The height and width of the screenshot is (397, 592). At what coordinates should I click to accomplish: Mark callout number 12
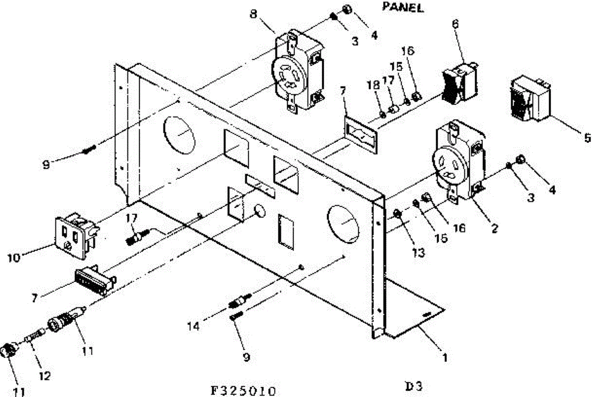point(45,376)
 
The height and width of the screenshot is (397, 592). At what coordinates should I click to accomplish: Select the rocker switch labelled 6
point(459,85)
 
